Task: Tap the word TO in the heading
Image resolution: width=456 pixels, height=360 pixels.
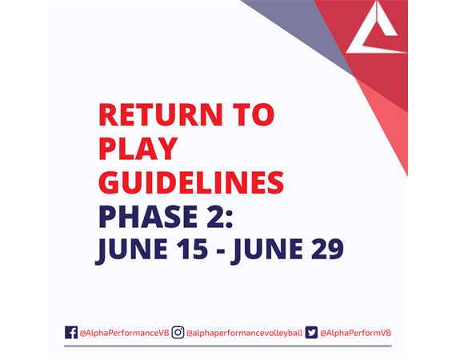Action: click(x=254, y=114)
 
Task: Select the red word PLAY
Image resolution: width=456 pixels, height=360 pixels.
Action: click(x=138, y=149)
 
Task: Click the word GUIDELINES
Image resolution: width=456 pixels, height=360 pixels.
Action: click(x=191, y=182)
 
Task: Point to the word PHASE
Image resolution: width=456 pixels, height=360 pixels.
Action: click(x=148, y=217)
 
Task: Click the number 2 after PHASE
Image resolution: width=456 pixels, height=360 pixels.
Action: click(x=215, y=217)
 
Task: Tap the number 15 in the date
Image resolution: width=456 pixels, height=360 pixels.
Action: click(x=193, y=249)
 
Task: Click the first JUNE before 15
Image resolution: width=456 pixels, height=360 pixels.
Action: click(x=132, y=251)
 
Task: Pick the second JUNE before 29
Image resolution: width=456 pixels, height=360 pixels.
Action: click(x=267, y=251)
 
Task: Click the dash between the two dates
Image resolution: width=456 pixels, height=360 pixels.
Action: click(x=221, y=251)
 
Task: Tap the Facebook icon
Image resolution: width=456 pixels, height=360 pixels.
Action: click(x=71, y=332)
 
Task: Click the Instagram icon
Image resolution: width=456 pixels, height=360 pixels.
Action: click(x=178, y=332)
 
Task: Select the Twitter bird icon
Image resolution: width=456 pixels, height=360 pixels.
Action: click(x=311, y=332)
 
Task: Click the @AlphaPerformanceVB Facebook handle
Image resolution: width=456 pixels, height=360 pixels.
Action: click(x=124, y=333)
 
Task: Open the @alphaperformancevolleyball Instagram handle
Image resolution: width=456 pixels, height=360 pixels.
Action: click(x=244, y=334)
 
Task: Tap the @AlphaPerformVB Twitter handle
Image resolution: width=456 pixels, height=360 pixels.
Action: click(x=355, y=333)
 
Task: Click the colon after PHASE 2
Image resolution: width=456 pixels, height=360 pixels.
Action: click(x=230, y=220)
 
